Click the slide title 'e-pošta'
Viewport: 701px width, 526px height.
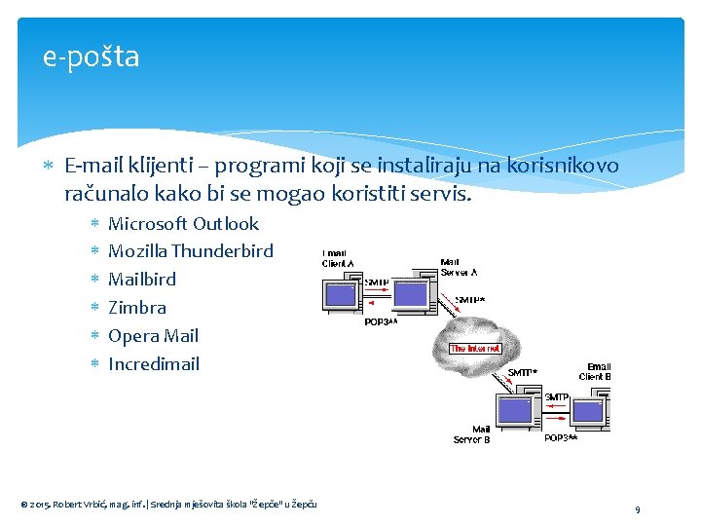coord(92,57)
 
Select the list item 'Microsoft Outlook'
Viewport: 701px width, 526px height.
coord(183,224)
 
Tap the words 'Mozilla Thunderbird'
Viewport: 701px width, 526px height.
coord(191,251)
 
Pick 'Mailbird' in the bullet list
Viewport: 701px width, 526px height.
coord(142,280)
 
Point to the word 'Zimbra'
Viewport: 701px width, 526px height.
coord(137,308)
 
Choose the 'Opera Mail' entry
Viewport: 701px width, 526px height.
coord(153,336)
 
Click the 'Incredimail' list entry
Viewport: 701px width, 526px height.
coord(154,364)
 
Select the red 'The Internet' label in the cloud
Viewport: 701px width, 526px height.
coord(475,348)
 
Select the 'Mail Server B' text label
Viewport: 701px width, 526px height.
coord(471,434)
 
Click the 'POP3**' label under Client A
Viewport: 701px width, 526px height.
coord(381,320)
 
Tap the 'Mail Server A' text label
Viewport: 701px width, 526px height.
coord(459,266)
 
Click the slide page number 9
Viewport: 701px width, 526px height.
coord(637,509)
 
